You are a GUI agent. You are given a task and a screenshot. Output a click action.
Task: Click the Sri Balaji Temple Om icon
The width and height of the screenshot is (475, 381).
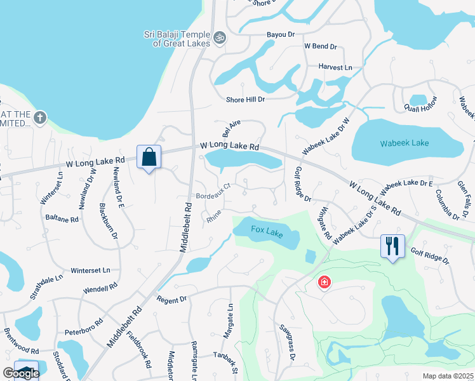tap(220, 38)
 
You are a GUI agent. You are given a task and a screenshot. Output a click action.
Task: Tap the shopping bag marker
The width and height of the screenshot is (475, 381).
tap(149, 157)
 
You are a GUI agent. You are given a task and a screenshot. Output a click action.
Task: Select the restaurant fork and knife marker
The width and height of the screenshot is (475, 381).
tap(392, 245)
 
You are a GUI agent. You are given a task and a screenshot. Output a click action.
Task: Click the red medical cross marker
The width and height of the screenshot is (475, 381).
tap(324, 281)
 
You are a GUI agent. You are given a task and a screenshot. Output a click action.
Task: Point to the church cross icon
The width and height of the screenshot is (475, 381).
tap(40, 117)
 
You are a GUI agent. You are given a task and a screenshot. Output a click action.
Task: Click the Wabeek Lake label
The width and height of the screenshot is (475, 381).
tap(405, 143)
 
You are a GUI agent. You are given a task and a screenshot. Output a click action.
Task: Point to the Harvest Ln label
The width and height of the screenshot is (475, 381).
tap(335, 67)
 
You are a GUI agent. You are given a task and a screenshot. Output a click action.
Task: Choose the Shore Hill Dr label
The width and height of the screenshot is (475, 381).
tap(245, 99)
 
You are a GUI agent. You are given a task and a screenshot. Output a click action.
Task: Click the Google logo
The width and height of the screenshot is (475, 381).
tap(21, 373)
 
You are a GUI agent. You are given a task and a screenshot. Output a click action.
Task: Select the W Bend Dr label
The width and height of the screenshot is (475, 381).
tap(321, 46)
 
